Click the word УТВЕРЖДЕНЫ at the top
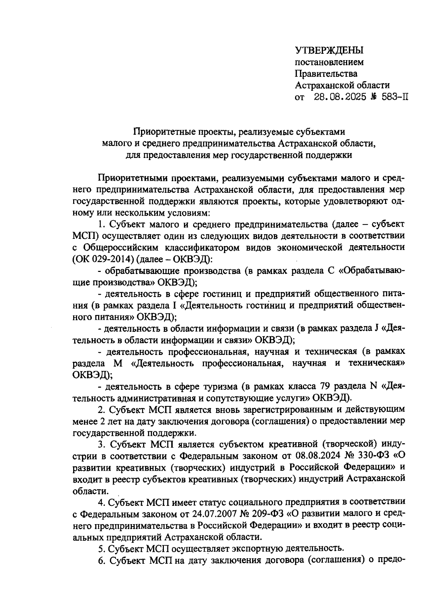pyautogui.click(x=329, y=51)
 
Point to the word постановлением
pyautogui.click(x=329, y=62)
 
